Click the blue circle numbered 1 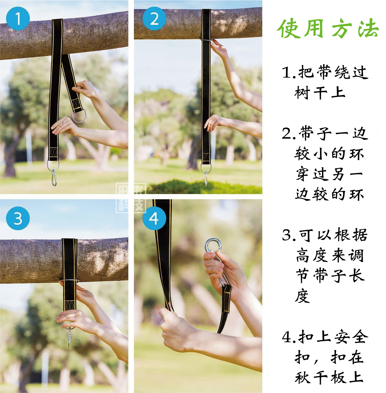18,19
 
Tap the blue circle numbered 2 154,19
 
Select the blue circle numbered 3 18,218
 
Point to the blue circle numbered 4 154,218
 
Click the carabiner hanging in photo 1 54,178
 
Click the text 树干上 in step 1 320,93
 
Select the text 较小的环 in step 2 329,154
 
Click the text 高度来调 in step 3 330,255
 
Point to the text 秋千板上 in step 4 329,378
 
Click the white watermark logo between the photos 131,198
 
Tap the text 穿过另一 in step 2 329,174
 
